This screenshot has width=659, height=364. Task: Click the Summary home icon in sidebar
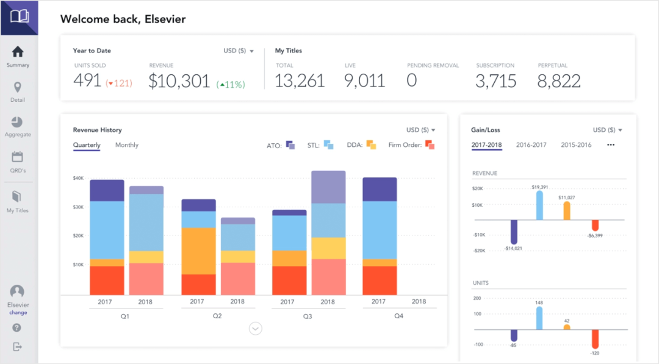(18, 52)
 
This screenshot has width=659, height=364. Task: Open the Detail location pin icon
(18, 88)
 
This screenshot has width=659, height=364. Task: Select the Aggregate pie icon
(18, 123)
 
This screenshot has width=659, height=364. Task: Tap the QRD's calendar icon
(18, 157)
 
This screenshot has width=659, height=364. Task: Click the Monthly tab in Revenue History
(127, 145)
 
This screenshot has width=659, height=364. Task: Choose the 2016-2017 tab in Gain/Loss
(531, 145)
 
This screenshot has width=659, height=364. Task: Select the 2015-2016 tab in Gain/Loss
(576, 145)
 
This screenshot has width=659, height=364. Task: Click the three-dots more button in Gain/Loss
(611, 145)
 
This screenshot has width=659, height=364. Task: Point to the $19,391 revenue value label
(539, 187)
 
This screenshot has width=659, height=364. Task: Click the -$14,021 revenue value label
(514, 248)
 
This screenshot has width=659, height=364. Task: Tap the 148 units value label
(539, 302)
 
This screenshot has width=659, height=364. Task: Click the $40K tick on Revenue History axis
(78, 179)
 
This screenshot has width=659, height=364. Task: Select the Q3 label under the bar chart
(308, 316)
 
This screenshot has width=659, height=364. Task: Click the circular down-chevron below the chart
(256, 329)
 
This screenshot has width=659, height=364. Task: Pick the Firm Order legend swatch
(430, 145)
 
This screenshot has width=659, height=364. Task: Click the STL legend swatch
(328, 145)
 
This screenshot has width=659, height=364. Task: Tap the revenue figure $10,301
(179, 81)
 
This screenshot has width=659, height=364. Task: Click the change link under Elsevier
(18, 313)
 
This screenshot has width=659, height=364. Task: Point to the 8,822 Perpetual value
(558, 81)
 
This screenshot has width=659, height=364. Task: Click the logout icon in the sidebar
(17, 346)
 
